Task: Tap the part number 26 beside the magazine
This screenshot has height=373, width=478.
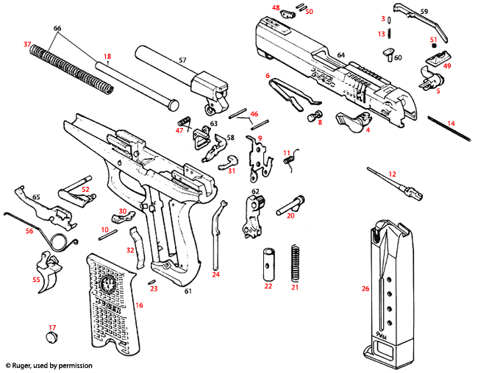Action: pyautogui.click(x=365, y=288)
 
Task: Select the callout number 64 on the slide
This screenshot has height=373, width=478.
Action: pyautogui.click(x=340, y=56)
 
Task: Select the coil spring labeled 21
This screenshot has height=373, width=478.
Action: pyautogui.click(x=296, y=262)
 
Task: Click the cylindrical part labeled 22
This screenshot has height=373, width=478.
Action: pyautogui.click(x=268, y=261)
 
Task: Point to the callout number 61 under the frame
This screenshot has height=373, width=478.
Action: pyautogui.click(x=188, y=292)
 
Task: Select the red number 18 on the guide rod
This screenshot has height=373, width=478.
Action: pyautogui.click(x=107, y=56)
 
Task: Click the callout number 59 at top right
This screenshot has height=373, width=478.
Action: pyautogui.click(x=424, y=12)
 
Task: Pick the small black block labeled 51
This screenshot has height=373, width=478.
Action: pyautogui.click(x=434, y=48)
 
